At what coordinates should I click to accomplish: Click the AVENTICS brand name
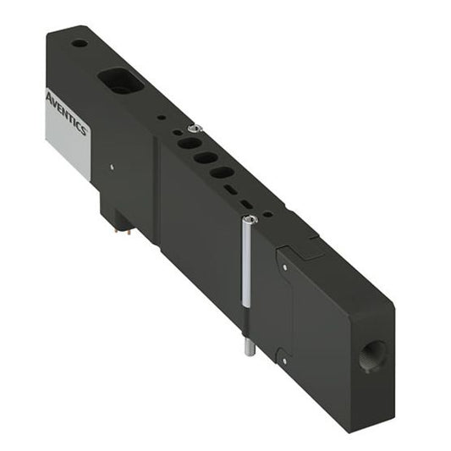point(67,112)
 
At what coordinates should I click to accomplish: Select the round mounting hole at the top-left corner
point(79,43)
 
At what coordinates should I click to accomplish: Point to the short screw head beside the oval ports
point(195,128)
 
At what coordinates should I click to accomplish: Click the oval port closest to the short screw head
point(184,144)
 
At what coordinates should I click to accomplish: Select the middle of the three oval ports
point(204,157)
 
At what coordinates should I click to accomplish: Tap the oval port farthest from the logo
point(222,172)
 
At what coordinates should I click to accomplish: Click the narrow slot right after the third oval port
point(231,190)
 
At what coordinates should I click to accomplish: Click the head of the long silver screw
point(248,219)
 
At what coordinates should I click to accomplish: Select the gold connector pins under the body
point(119,221)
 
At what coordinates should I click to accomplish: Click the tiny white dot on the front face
point(110,166)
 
